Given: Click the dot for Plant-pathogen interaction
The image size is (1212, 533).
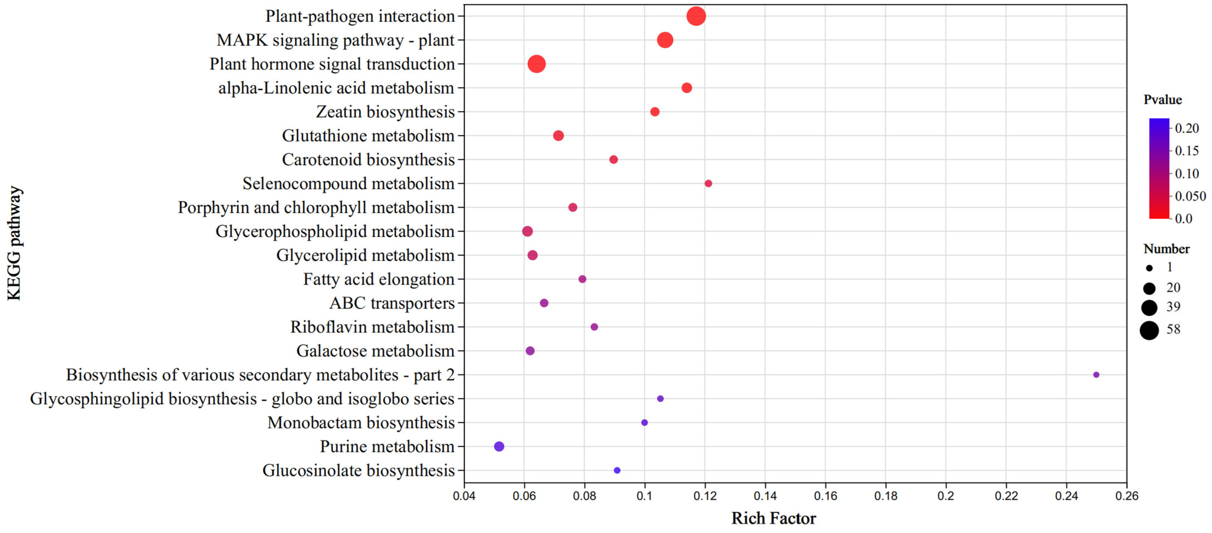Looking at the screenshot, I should [696, 16].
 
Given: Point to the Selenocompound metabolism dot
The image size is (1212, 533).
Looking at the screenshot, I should [708, 183].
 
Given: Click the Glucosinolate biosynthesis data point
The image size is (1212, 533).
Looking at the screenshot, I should [617, 470].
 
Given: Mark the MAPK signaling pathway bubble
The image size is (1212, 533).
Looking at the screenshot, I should [665, 40].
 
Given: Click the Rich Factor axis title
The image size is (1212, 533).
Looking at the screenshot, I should [774, 518].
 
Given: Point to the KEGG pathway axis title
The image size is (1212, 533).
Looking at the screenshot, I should [14, 243].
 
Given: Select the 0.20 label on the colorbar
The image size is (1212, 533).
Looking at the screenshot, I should [1186, 128].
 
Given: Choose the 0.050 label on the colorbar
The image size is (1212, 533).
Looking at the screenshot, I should [1190, 196].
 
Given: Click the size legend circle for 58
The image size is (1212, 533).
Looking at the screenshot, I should [1149, 330].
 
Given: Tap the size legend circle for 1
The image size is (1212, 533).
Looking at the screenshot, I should [1149, 268].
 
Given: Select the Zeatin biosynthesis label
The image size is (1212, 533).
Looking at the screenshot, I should [385, 112].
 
